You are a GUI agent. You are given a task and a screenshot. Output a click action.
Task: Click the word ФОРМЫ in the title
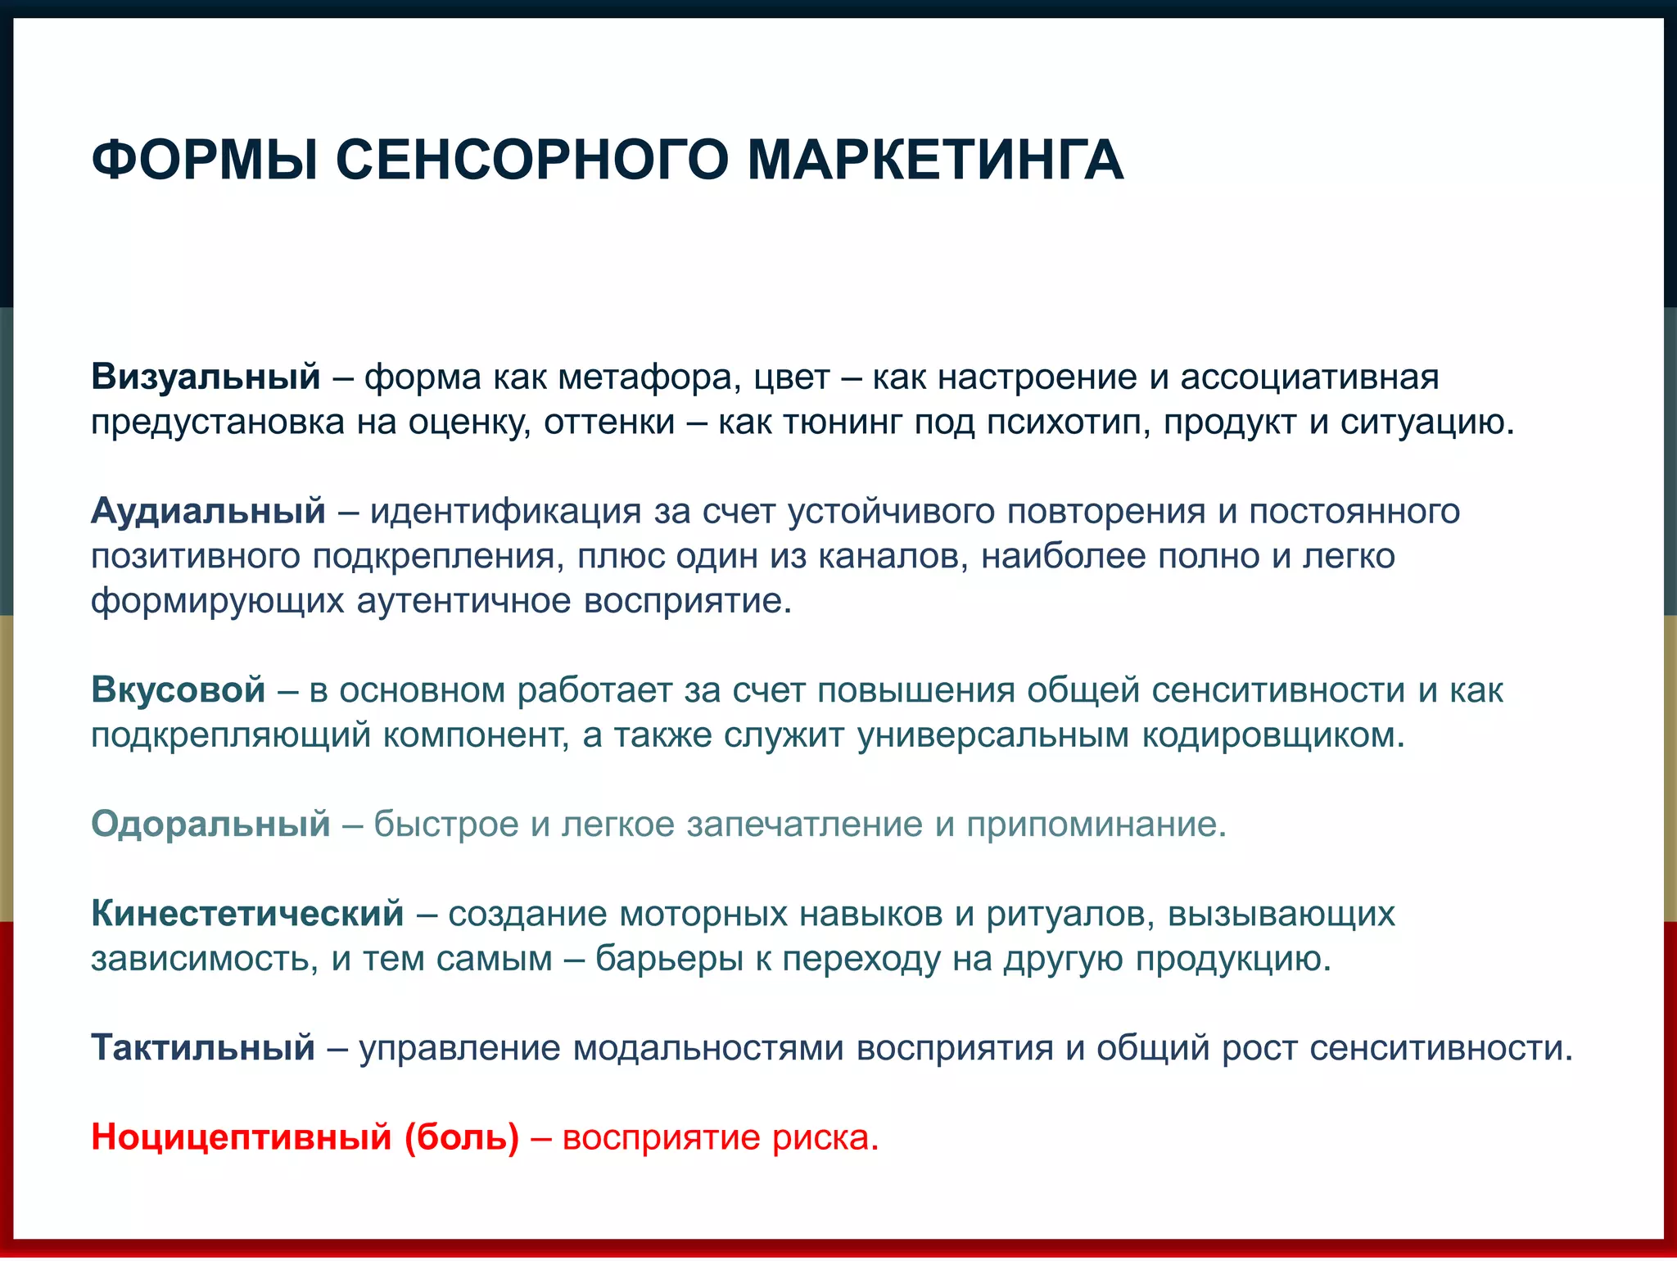(x=205, y=160)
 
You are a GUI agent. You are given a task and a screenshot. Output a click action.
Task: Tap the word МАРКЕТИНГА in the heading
(x=935, y=160)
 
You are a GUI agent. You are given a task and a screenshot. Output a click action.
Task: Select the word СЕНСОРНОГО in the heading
(x=531, y=160)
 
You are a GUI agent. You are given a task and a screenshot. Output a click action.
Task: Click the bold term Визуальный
(x=206, y=377)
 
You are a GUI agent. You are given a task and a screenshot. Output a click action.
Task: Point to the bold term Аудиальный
(x=208, y=512)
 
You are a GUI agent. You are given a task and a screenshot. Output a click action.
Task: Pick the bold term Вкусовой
(x=178, y=690)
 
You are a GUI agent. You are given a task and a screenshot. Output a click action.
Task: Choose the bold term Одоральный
(x=210, y=825)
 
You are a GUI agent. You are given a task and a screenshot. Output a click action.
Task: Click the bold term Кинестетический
(x=247, y=914)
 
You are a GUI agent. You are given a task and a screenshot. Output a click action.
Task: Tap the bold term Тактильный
(x=203, y=1048)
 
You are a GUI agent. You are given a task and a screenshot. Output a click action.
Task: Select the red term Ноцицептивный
(x=242, y=1137)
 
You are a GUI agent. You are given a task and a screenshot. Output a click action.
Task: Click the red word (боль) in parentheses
(x=462, y=1137)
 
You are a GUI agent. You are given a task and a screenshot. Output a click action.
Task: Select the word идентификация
(x=505, y=512)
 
